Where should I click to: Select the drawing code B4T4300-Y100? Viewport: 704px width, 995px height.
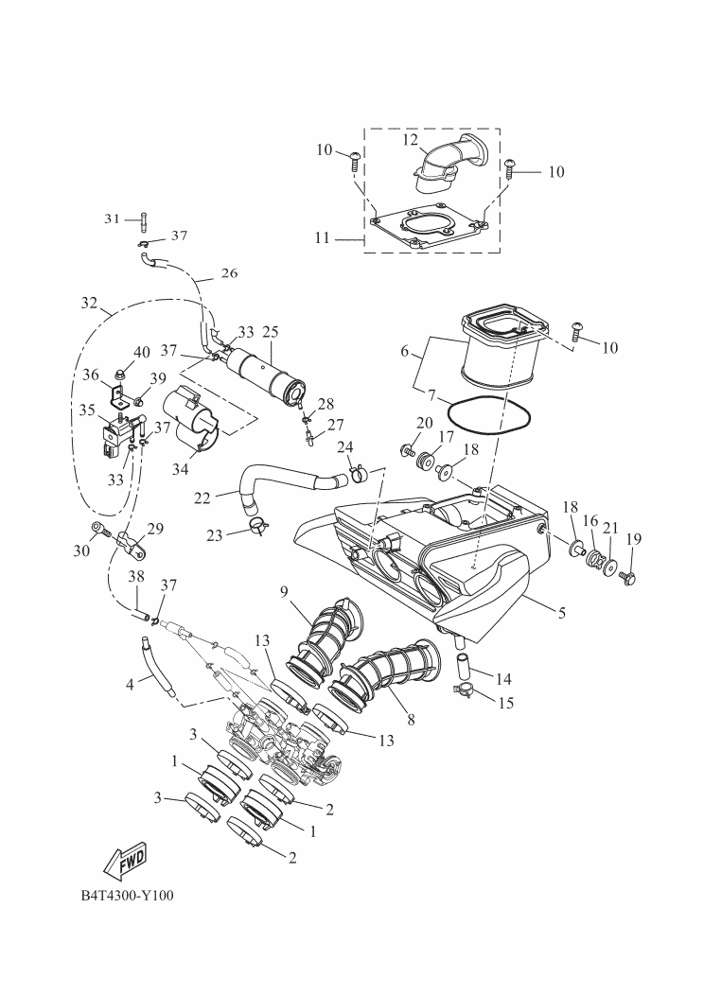(x=127, y=896)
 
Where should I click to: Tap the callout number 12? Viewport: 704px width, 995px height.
(x=411, y=140)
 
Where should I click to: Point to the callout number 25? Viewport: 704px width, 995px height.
(x=271, y=331)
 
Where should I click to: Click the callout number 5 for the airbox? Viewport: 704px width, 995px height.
(x=561, y=613)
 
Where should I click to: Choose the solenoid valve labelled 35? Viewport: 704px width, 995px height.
(x=118, y=434)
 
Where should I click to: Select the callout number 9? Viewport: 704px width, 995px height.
(x=285, y=592)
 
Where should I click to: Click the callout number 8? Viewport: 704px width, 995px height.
(x=412, y=720)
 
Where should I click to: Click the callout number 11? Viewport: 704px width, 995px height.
(x=323, y=238)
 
